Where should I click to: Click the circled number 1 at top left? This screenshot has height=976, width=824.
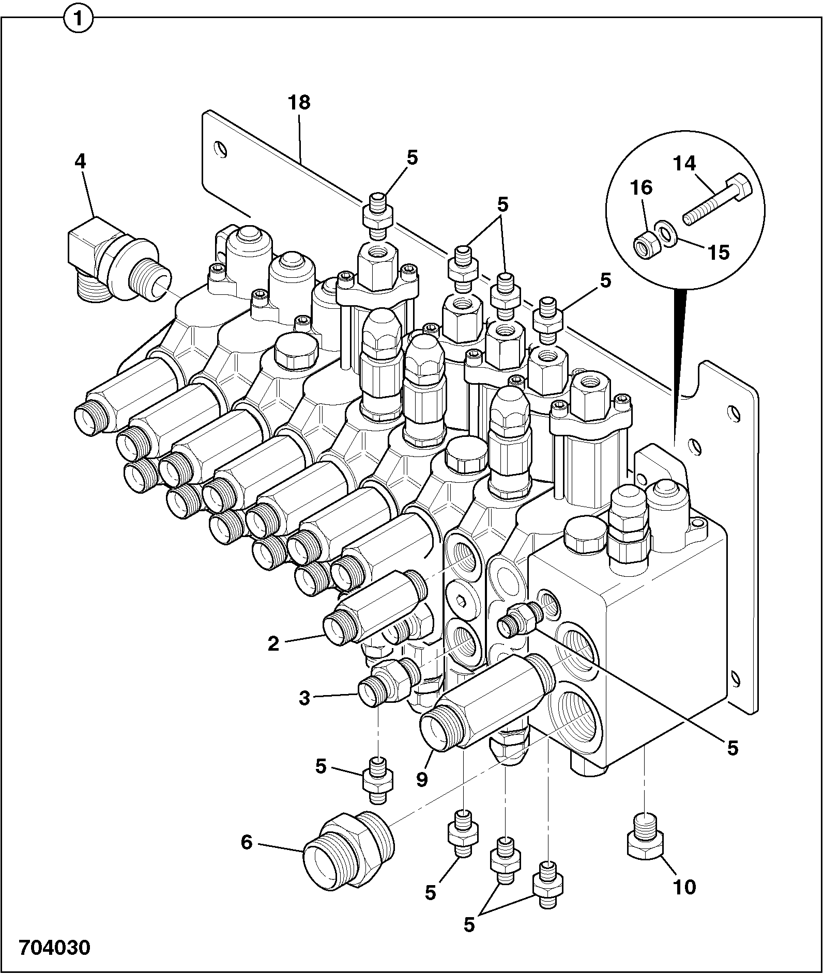pyautogui.click(x=78, y=20)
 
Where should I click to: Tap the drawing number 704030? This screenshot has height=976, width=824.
pyautogui.click(x=55, y=948)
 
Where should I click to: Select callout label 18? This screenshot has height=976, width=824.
pyautogui.click(x=299, y=102)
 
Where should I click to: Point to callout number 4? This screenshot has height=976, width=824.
pyautogui.click(x=80, y=161)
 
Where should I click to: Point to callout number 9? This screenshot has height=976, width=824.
pyautogui.click(x=422, y=779)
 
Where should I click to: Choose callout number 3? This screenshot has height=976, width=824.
pyautogui.click(x=304, y=699)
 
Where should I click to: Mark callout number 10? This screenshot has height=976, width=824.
pyautogui.click(x=684, y=887)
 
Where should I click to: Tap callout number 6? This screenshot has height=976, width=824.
pyautogui.click(x=247, y=843)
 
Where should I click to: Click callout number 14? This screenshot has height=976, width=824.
pyautogui.click(x=684, y=164)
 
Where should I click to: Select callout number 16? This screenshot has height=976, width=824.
pyautogui.click(x=642, y=187)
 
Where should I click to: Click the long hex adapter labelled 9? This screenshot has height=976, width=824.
pyautogui.click(x=486, y=701)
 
